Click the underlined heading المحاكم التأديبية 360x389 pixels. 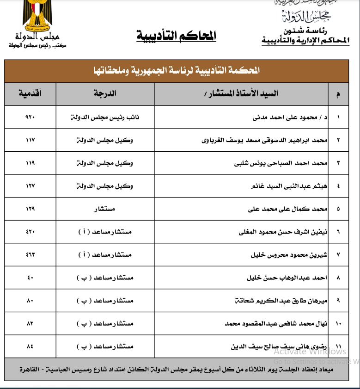coord(176,37)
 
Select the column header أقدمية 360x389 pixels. coord(30,94)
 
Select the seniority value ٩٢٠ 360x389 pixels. coord(30,117)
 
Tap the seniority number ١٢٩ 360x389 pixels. coord(30,209)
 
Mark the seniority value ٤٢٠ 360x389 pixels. coord(30,232)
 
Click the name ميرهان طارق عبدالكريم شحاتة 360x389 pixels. coord(281,301)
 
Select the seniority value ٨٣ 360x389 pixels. coord(30,323)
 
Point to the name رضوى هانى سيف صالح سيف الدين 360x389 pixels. coord(280,346)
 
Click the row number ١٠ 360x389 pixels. coord(338,323)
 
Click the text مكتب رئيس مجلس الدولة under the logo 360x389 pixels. coord(37,46)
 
